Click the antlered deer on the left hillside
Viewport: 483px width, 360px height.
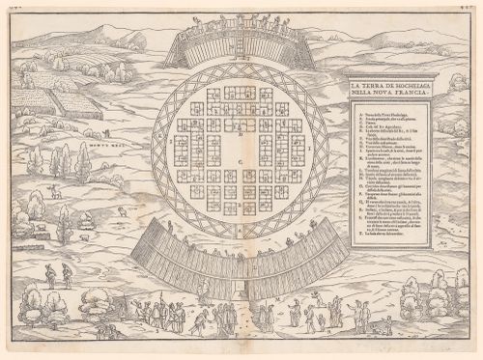58,191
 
